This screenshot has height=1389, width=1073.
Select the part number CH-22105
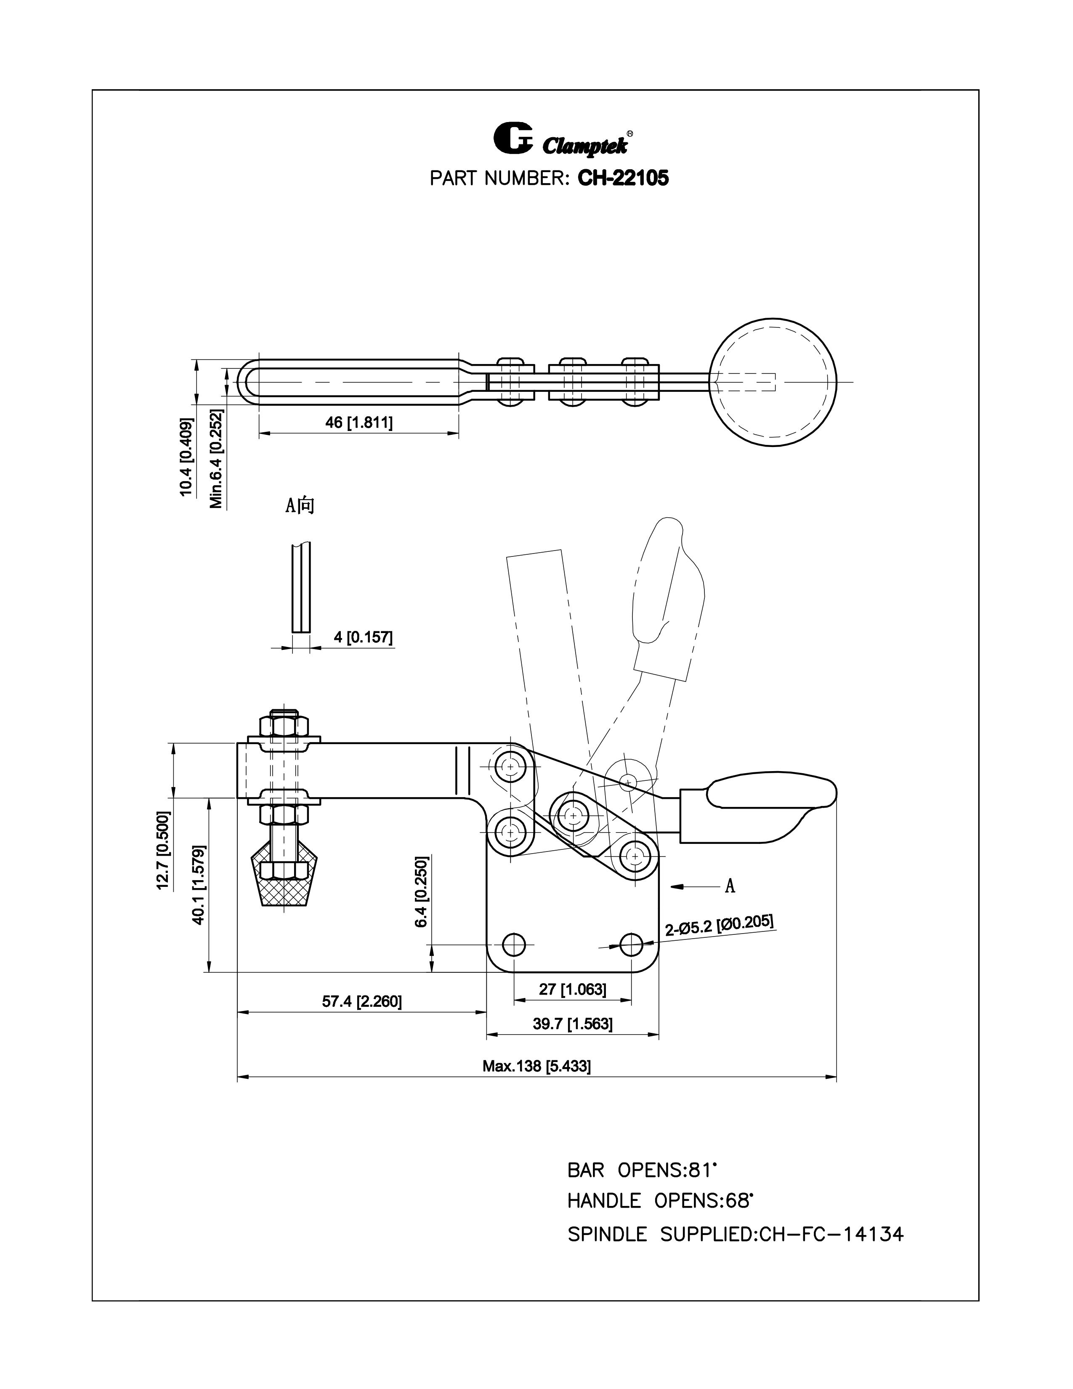click(622, 178)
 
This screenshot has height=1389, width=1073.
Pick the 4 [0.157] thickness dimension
click(363, 636)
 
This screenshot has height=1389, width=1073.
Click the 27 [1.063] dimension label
click(572, 989)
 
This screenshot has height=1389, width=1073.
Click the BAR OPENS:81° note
click(642, 1170)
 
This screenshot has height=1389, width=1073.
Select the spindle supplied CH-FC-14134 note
click(735, 1235)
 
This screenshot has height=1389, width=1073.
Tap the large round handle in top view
click(773, 382)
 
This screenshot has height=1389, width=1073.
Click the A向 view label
click(300, 506)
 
